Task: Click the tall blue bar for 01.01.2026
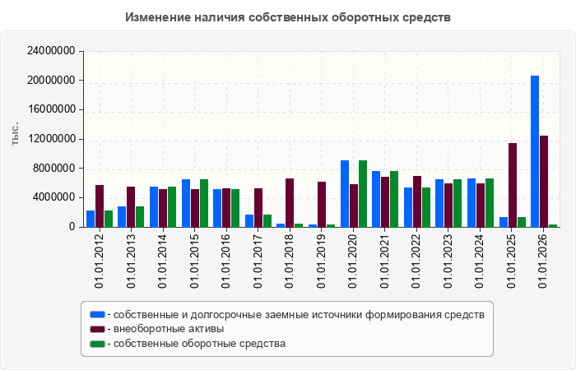[535, 151]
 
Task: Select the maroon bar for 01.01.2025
[513, 185]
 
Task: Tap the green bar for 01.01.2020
[363, 194]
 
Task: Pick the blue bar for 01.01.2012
[91, 219]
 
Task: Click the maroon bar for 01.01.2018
[290, 202]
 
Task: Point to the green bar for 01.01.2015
[204, 203]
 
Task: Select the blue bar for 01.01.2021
[376, 199]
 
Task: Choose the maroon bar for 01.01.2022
[417, 201]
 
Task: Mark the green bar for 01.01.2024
[490, 203]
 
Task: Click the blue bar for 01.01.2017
[249, 221]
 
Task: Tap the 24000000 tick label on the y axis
[51, 51]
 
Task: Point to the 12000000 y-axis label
[51, 139]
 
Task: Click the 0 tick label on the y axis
[72, 227]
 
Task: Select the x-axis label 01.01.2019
[321, 261]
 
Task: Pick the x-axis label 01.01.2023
[448, 261]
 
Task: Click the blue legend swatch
[97, 315]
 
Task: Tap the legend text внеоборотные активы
[169, 329]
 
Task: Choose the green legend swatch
[97, 344]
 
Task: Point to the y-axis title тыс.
[15, 134]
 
